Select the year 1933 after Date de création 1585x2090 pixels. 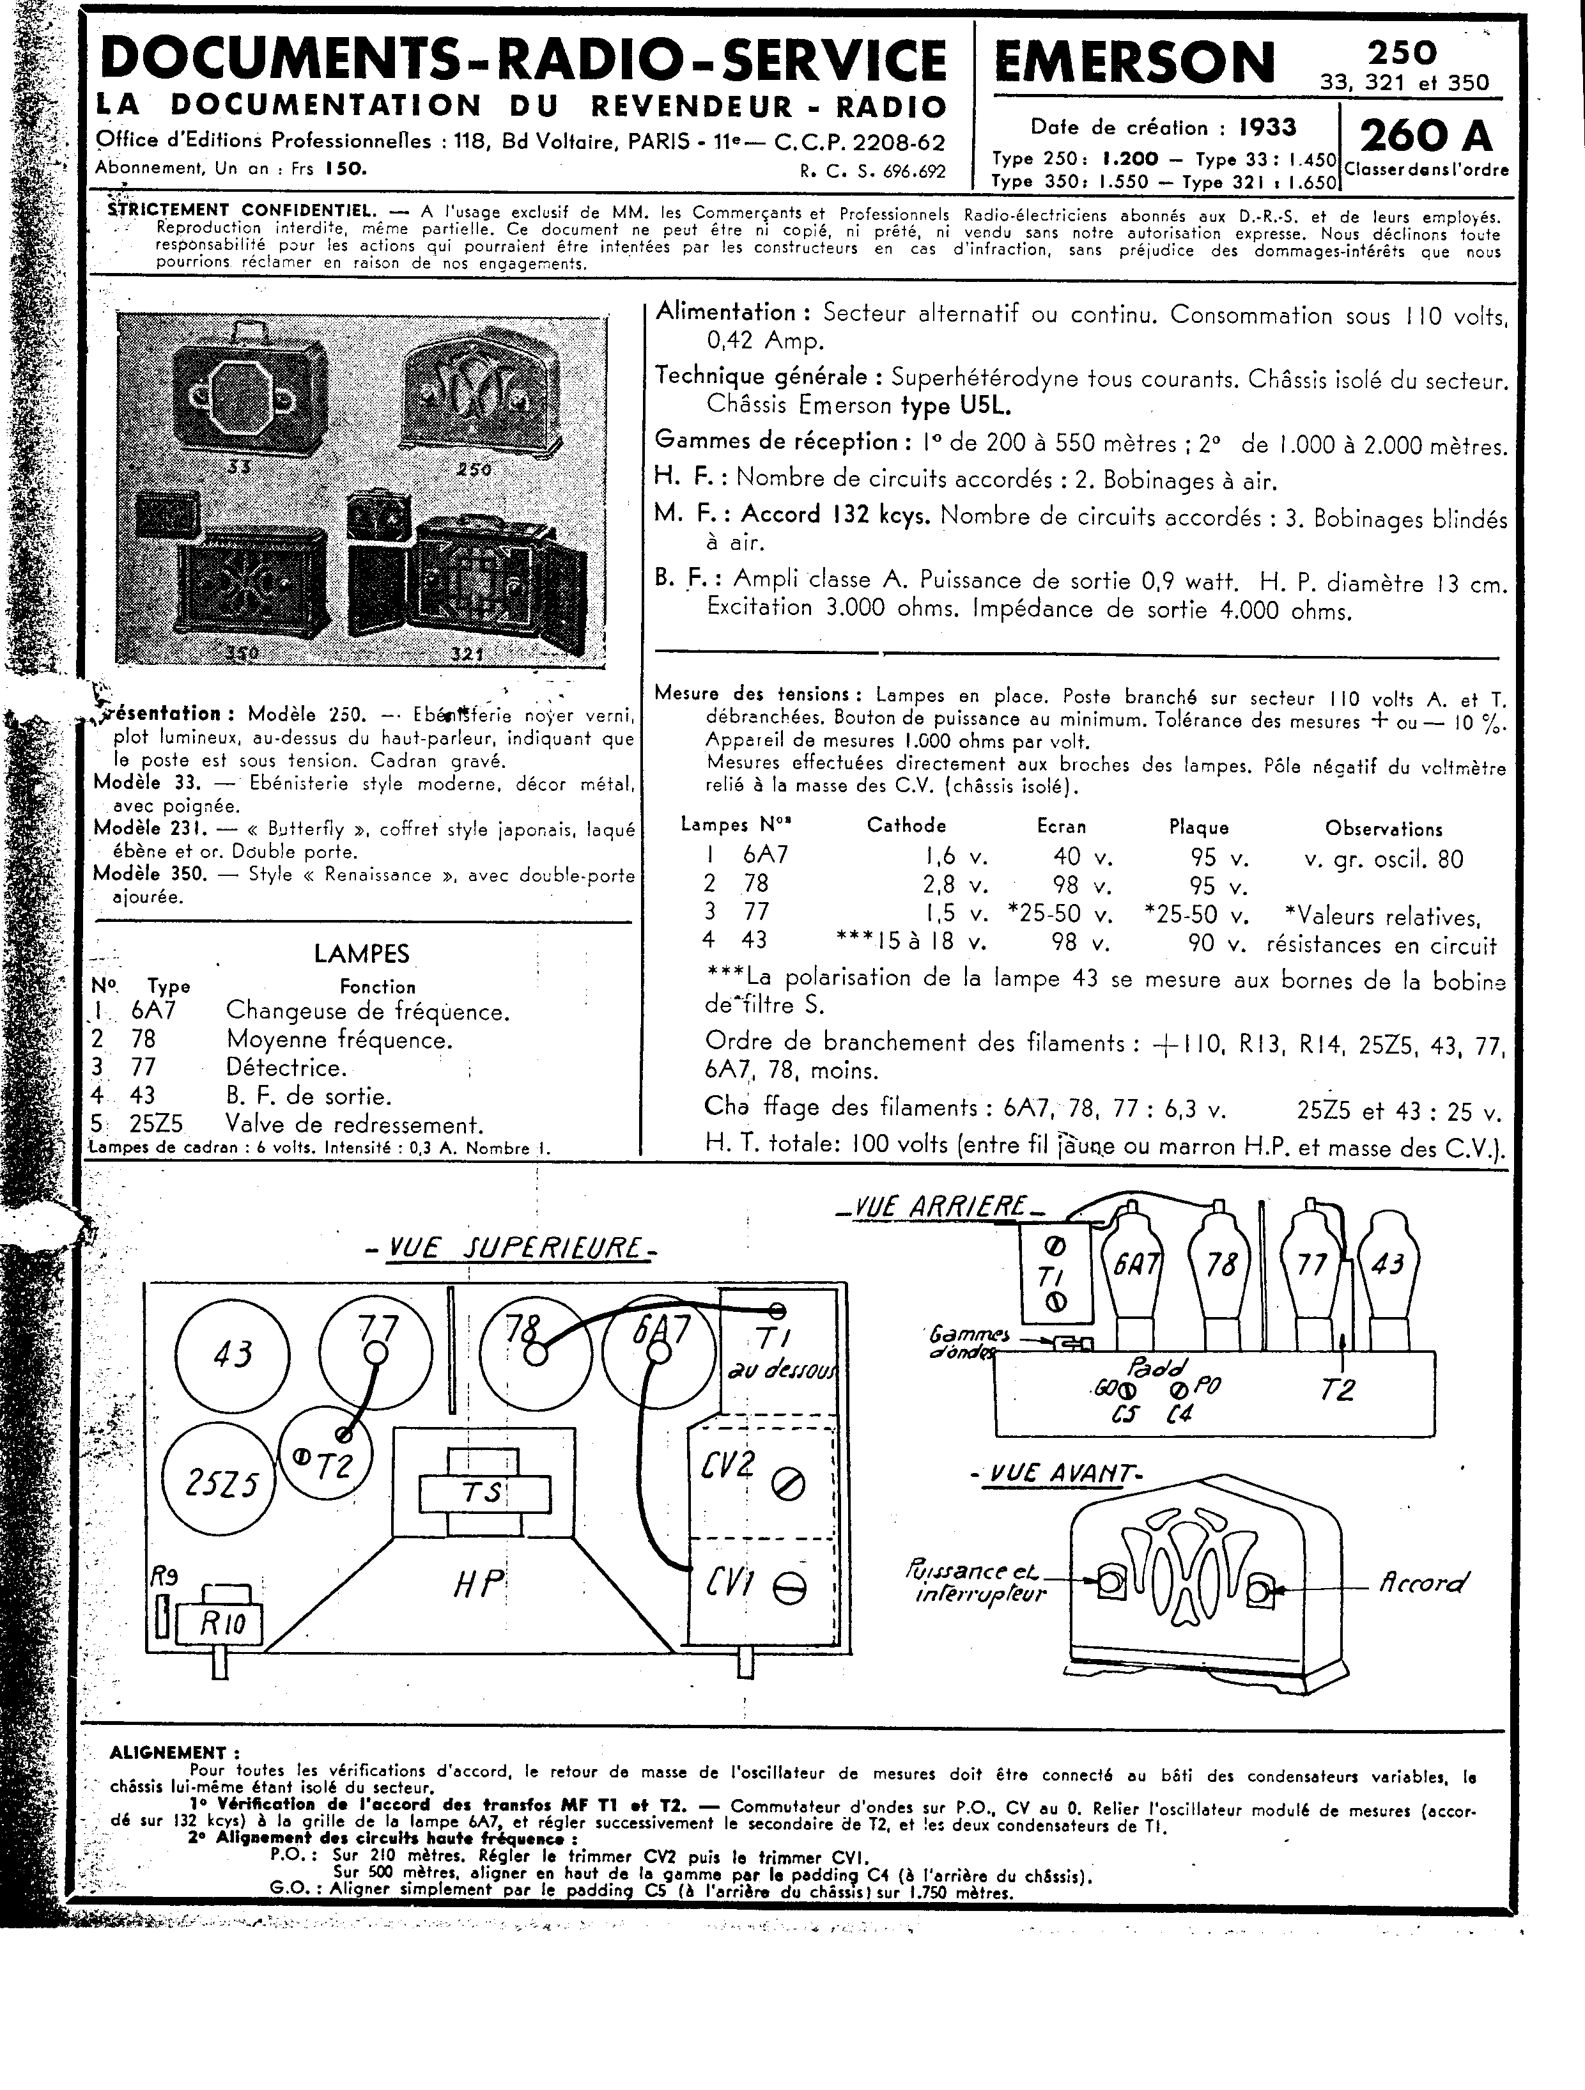[x=1267, y=128]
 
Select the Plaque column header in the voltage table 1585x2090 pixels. [x=1199, y=828]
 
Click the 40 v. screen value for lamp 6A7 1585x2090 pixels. [x=1083, y=858]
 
